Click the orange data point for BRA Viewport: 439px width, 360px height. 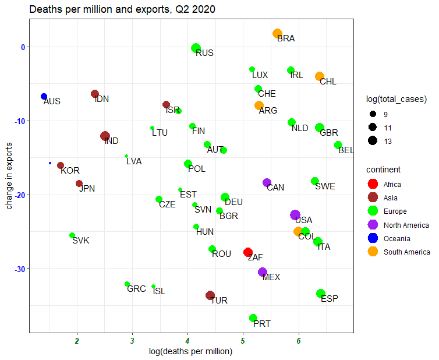click(x=278, y=34)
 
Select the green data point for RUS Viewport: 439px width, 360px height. click(x=196, y=48)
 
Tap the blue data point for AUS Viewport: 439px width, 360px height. click(x=44, y=96)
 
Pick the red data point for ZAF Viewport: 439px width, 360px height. click(x=248, y=252)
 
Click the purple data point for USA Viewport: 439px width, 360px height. click(x=295, y=215)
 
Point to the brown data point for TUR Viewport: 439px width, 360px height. click(x=210, y=295)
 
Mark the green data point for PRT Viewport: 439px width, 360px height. click(x=253, y=318)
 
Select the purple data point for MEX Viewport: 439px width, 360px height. click(x=263, y=272)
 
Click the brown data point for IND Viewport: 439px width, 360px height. click(x=105, y=136)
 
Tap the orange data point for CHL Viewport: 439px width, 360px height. click(x=320, y=76)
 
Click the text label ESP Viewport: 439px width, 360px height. click(x=330, y=299)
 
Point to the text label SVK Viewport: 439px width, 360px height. click(x=81, y=241)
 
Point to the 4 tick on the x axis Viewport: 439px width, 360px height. click(x=187, y=341)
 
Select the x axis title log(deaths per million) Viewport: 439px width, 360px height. click(x=191, y=351)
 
